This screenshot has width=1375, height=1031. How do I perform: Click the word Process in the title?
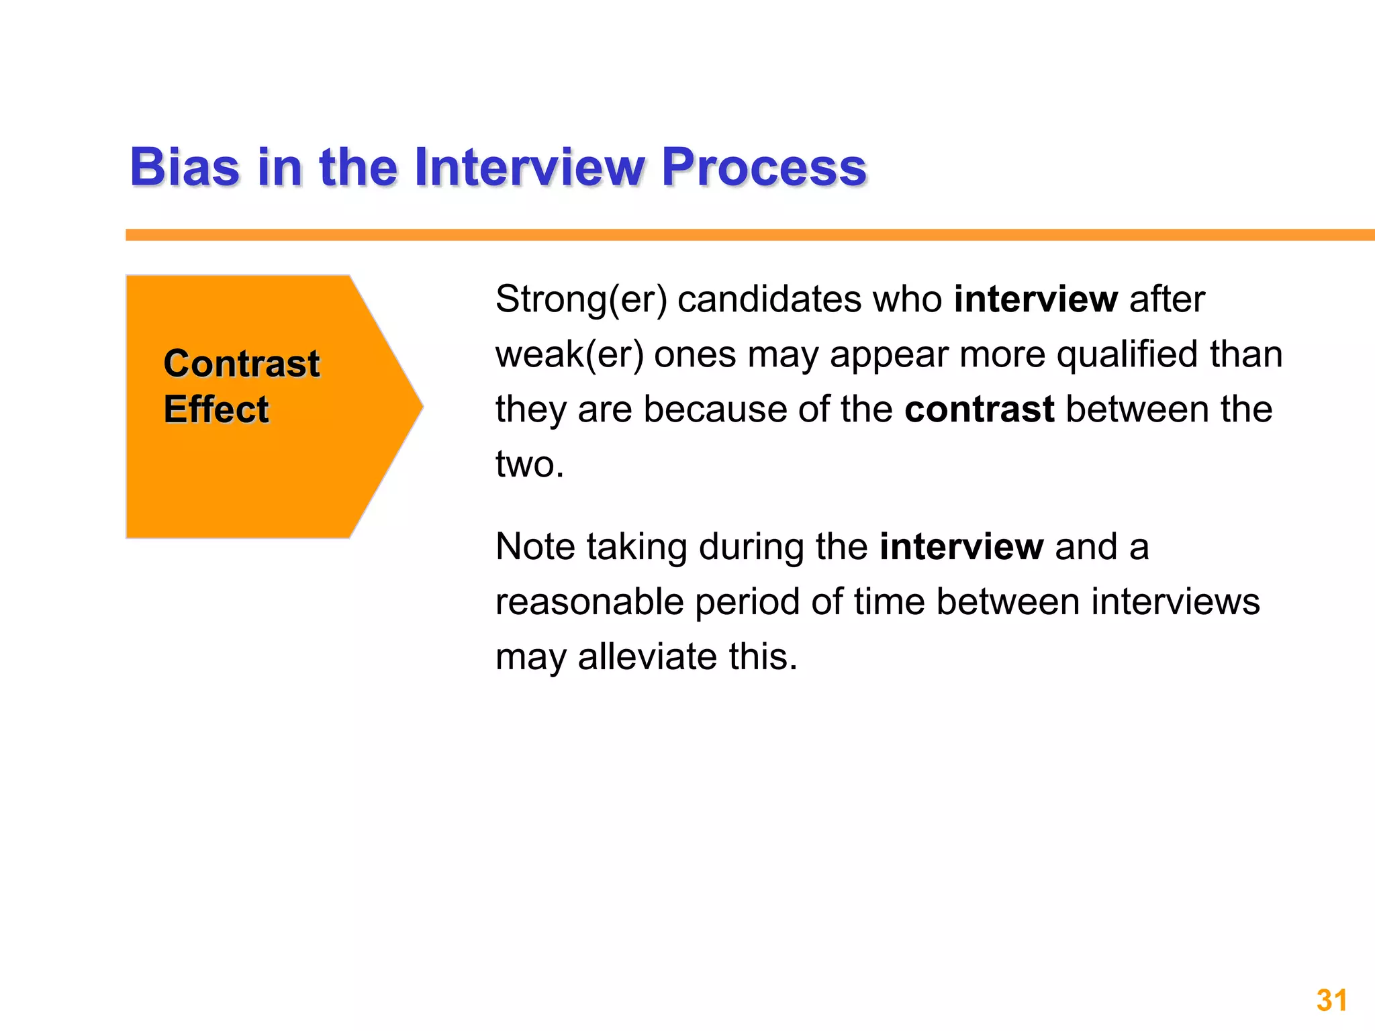[x=763, y=167]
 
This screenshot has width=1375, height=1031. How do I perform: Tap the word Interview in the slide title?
[x=529, y=167]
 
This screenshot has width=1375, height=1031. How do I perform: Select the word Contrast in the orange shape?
[x=242, y=364]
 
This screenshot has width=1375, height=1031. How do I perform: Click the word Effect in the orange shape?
[x=216, y=409]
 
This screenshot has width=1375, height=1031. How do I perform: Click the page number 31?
[x=1331, y=1000]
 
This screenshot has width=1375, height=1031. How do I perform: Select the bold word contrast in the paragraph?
[x=979, y=409]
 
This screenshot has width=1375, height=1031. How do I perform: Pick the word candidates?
[x=769, y=299]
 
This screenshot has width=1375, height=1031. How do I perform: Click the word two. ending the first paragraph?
[x=530, y=464]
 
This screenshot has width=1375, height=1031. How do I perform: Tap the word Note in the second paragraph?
[x=535, y=547]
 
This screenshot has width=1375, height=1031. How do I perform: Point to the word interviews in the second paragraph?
[x=1175, y=602]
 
